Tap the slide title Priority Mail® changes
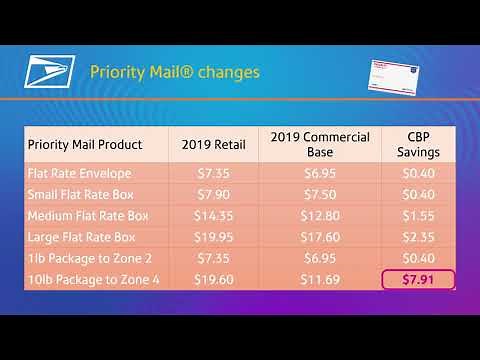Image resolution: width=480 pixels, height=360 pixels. [175, 73]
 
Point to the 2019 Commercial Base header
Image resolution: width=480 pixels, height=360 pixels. [320, 144]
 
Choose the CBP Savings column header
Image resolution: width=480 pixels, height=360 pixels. [418, 144]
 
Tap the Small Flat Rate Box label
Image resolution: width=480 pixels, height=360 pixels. [80, 194]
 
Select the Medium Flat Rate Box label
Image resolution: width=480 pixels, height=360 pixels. [88, 216]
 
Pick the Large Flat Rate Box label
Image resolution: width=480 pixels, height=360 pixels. [82, 237]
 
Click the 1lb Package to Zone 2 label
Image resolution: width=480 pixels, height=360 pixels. [87, 258]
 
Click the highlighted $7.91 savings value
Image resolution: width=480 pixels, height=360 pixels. [418, 279]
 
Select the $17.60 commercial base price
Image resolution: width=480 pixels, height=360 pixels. [320, 237]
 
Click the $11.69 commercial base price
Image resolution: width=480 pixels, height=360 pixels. [320, 279]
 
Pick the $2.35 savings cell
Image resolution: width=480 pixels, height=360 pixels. [418, 237]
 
